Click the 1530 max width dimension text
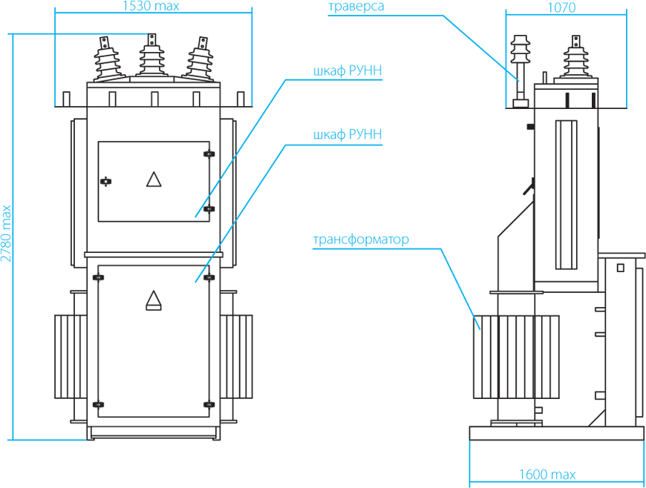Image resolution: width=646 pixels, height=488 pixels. (x=151, y=6)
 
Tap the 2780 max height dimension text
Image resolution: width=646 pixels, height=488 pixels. (x=6, y=234)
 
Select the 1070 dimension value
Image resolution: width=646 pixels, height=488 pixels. (x=561, y=8)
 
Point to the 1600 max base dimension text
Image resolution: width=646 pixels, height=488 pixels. (x=547, y=475)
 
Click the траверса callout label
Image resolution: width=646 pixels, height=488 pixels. (x=356, y=7)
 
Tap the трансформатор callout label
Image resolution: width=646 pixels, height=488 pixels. (x=361, y=240)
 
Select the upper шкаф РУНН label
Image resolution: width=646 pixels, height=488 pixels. (x=348, y=70)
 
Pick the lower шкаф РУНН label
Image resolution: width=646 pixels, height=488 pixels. (x=348, y=134)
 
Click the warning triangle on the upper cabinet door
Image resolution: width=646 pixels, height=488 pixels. (x=154, y=179)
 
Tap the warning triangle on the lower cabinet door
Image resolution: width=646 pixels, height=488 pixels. (x=154, y=300)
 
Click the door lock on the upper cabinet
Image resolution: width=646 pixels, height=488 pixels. (x=106, y=181)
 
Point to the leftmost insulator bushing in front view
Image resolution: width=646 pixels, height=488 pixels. (x=108, y=59)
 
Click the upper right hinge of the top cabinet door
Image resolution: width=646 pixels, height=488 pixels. (x=209, y=154)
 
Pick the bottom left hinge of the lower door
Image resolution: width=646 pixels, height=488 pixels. (x=98, y=404)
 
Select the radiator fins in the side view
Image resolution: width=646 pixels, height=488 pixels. (x=516, y=357)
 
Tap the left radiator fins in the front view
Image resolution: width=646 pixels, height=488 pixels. (x=71, y=357)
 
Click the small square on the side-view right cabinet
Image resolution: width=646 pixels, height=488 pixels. (x=621, y=268)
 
